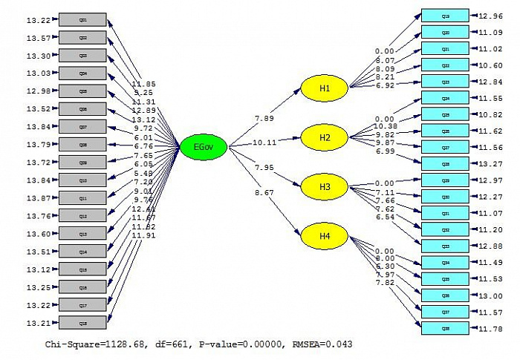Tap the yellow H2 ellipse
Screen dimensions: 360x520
tap(324, 137)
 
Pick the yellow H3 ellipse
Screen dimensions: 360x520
tap(324, 186)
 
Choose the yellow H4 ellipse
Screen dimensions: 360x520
tap(324, 236)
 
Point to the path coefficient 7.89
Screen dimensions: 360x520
tap(265, 117)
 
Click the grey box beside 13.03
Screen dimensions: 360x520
tap(82, 73)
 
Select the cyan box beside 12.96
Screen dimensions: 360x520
tap(445, 16)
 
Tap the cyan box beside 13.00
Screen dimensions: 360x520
tap(445, 295)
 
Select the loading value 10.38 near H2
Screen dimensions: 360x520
tap(386, 127)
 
